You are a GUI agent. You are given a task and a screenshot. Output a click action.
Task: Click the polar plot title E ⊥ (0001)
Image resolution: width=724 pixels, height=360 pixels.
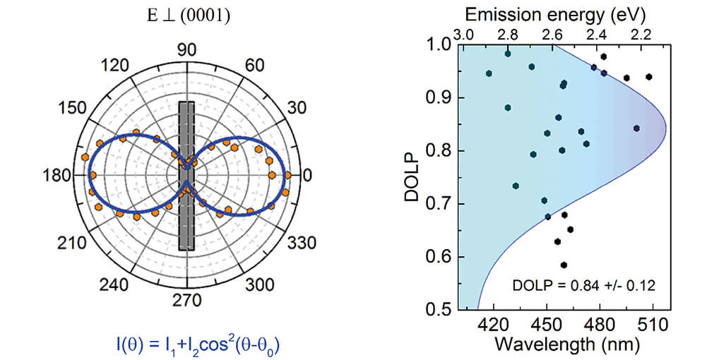[x=186, y=15]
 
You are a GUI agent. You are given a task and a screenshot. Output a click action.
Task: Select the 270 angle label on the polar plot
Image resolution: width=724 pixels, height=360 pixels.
[x=186, y=300]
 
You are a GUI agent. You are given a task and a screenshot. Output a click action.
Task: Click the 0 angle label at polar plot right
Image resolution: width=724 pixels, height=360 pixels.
[x=307, y=176]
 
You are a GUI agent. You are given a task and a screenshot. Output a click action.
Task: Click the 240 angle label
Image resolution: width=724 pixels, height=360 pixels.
[x=117, y=284]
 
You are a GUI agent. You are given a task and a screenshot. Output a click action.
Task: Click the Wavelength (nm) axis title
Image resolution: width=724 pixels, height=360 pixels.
[x=564, y=345]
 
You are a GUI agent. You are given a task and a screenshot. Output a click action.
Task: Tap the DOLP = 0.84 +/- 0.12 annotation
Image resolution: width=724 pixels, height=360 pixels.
[x=583, y=286]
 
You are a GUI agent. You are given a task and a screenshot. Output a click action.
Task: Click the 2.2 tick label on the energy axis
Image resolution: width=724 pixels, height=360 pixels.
[x=641, y=33]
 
